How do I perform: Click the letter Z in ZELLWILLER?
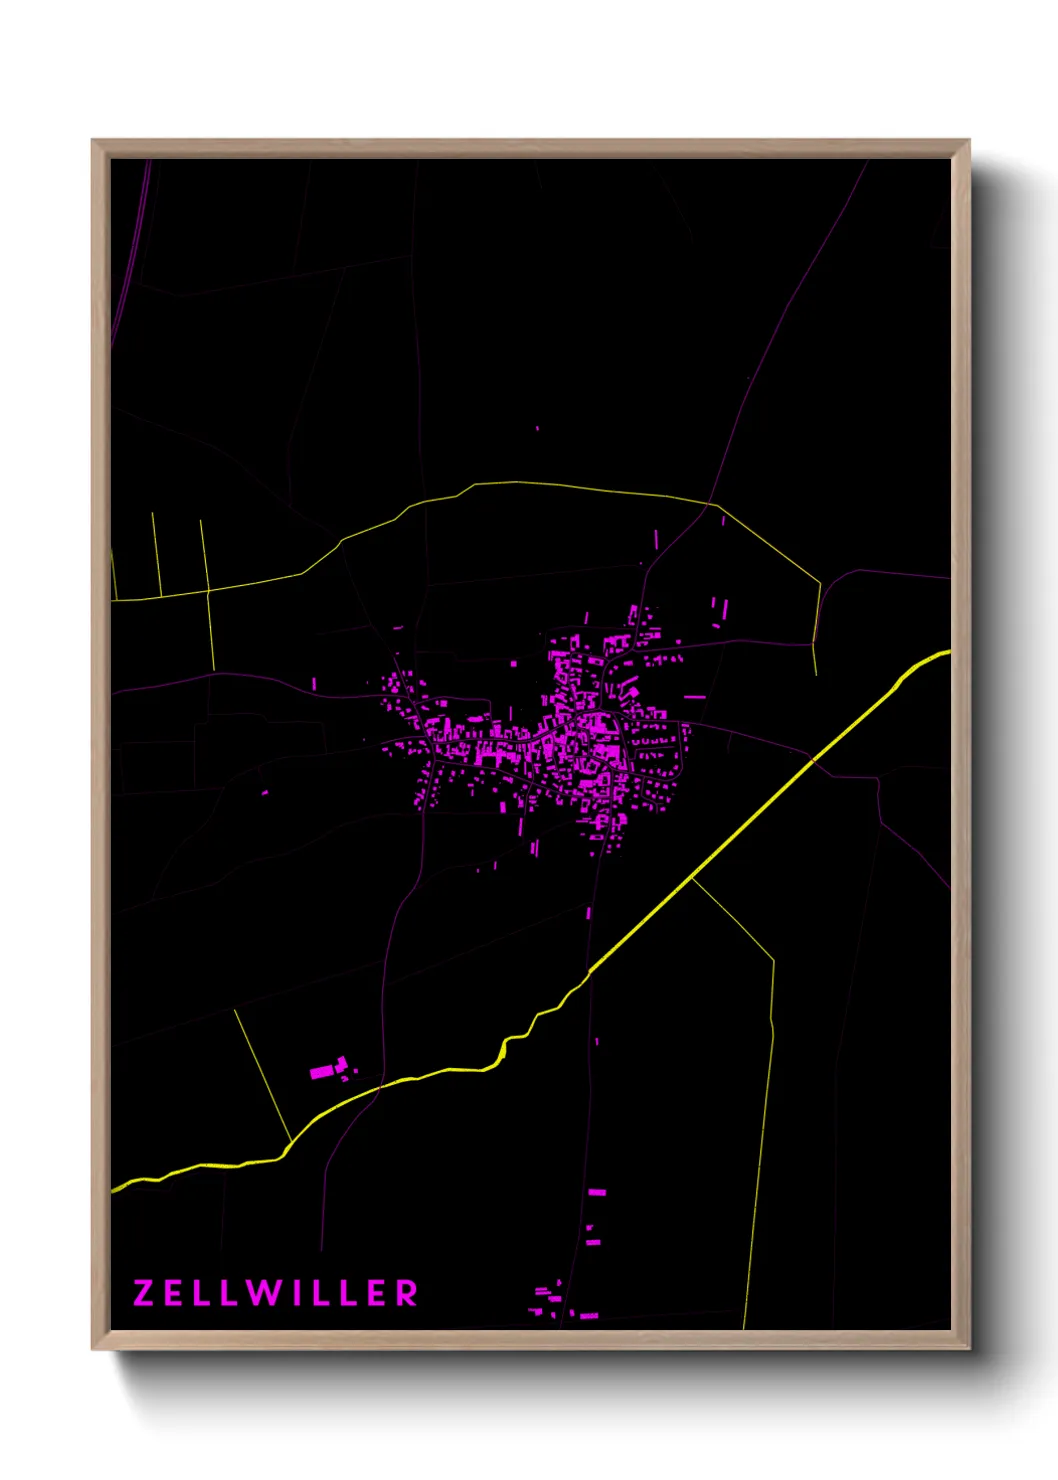[143, 1293]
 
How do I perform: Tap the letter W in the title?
[262, 1293]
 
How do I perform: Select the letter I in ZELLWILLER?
[296, 1293]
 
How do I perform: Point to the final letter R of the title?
[406, 1293]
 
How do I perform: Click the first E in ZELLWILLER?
[174, 1293]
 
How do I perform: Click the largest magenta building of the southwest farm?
[322, 1072]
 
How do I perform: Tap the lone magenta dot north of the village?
[537, 428]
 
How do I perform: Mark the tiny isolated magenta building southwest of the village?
[265, 793]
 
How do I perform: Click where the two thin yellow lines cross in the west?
[208, 590]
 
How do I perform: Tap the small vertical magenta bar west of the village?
[314, 684]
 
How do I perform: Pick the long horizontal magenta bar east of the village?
[694, 696]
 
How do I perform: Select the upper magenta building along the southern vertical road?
[597, 1192]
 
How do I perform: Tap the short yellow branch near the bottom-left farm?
[262, 1075]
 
